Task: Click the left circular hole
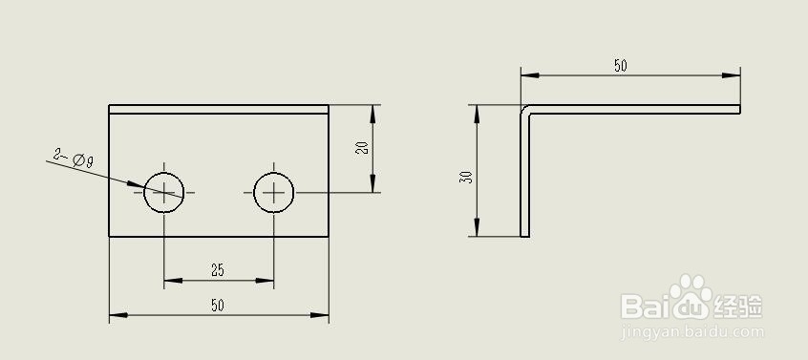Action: click(x=164, y=192)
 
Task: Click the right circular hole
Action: click(x=274, y=192)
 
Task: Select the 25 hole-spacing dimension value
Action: click(x=218, y=271)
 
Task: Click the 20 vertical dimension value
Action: click(x=361, y=148)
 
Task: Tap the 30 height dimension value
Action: click(x=465, y=177)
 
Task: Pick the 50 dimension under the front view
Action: click(x=218, y=305)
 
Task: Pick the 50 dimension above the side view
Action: click(x=621, y=66)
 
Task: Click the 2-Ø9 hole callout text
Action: click(x=73, y=158)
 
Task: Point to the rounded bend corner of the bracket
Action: click(x=524, y=109)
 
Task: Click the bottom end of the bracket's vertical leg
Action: click(x=524, y=235)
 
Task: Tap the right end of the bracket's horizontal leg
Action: click(x=739, y=108)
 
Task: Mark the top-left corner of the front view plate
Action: click(x=110, y=105)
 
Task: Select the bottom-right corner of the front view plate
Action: click(x=329, y=236)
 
